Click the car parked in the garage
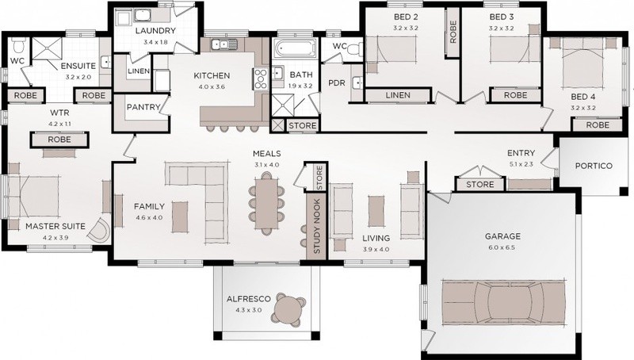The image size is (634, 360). click(503, 302)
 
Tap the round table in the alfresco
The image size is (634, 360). click(288, 310)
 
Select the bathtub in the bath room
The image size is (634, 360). click(295, 48)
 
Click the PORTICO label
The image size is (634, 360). click(594, 166)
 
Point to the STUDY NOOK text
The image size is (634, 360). click(317, 226)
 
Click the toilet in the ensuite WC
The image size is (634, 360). click(18, 46)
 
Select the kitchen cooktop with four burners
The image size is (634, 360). click(261, 79)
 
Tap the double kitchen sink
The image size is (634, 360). click(224, 44)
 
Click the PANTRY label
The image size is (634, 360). click(143, 107)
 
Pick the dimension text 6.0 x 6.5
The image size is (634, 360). click(502, 247)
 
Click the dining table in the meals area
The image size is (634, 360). click(266, 204)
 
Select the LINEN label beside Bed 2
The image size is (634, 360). click(398, 95)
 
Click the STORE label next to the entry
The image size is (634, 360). click(480, 185)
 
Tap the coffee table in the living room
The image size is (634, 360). click(376, 211)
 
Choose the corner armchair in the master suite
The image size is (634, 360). click(99, 230)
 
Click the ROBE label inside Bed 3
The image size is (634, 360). click(516, 95)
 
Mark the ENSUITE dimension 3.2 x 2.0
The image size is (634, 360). click(78, 77)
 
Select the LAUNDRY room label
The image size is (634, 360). click(155, 31)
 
